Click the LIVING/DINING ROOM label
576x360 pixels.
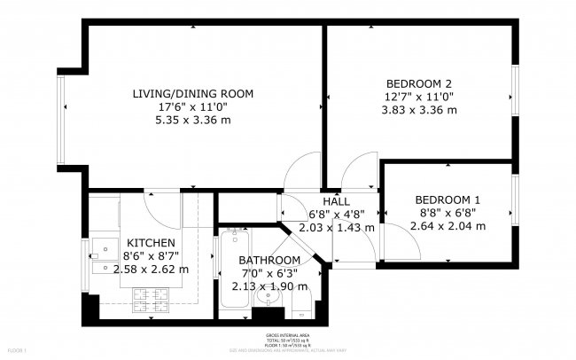pos(192,94)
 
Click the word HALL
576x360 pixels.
pos(336,202)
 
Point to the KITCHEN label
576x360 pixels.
pos(151,243)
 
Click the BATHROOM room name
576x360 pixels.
pos(269,260)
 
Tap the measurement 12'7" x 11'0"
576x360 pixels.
pos(418,95)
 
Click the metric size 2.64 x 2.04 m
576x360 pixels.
pos(448,226)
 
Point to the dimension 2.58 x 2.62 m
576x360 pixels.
pos(151,270)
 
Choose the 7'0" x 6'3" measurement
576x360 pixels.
pos(269,273)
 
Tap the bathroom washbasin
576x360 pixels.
pos(269,306)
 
